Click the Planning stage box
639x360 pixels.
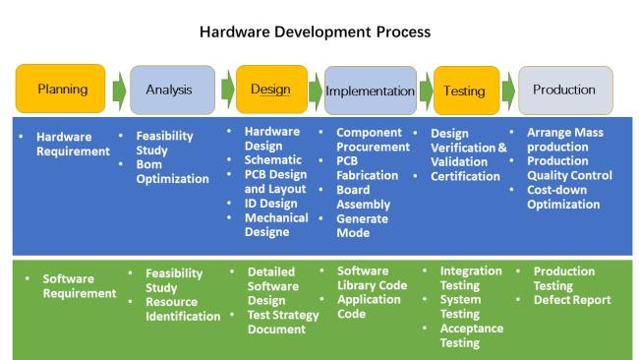click(60, 89)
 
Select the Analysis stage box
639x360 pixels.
click(172, 90)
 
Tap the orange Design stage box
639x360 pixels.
click(271, 90)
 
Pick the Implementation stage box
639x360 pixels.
click(371, 90)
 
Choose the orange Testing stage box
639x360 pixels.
click(467, 90)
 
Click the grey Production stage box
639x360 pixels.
click(565, 90)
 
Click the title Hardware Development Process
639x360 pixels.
click(315, 31)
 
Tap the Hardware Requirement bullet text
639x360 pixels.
click(73, 144)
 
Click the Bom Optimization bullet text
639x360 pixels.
click(172, 172)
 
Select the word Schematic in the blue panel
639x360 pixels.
click(273, 159)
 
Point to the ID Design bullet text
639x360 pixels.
click(270, 203)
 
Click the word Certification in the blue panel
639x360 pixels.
click(465, 176)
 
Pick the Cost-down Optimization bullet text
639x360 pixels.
click(563, 197)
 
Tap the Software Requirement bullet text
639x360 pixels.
click(80, 286)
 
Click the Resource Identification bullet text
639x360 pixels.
click(183, 309)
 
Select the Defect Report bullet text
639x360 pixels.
click(572, 300)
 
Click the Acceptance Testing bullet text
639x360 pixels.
click(472, 335)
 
